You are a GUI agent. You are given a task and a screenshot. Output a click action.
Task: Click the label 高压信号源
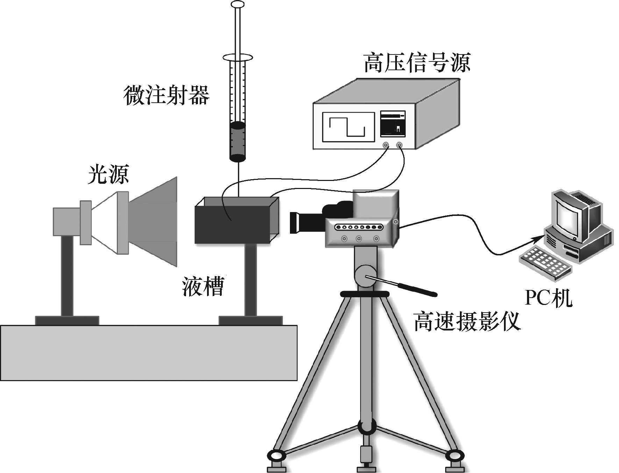point(417,63)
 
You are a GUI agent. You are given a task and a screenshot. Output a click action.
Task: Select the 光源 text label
point(108,175)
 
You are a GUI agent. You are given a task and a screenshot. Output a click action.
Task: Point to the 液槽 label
point(203,286)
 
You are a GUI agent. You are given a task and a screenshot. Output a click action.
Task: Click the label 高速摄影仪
point(467,321)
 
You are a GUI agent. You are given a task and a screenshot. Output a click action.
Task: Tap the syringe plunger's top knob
point(237,5)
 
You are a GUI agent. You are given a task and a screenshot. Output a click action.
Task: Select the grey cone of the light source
point(154,221)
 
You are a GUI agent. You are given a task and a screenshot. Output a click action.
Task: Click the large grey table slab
point(149,352)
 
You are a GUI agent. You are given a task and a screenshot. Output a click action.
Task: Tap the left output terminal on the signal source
point(386,145)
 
